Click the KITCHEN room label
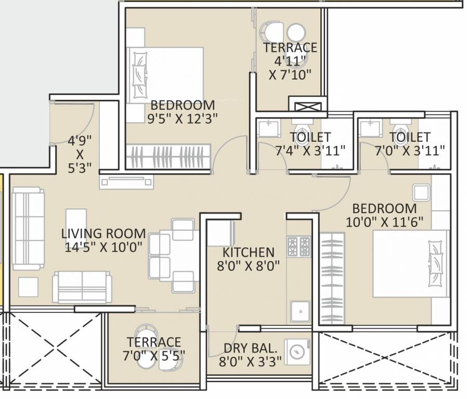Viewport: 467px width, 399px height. coord(248,252)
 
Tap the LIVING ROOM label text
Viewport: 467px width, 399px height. coord(103,233)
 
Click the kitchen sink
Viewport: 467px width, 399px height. coord(300,312)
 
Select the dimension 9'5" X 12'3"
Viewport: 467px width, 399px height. coord(181,118)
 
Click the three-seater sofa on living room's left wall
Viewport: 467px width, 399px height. coord(28,229)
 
